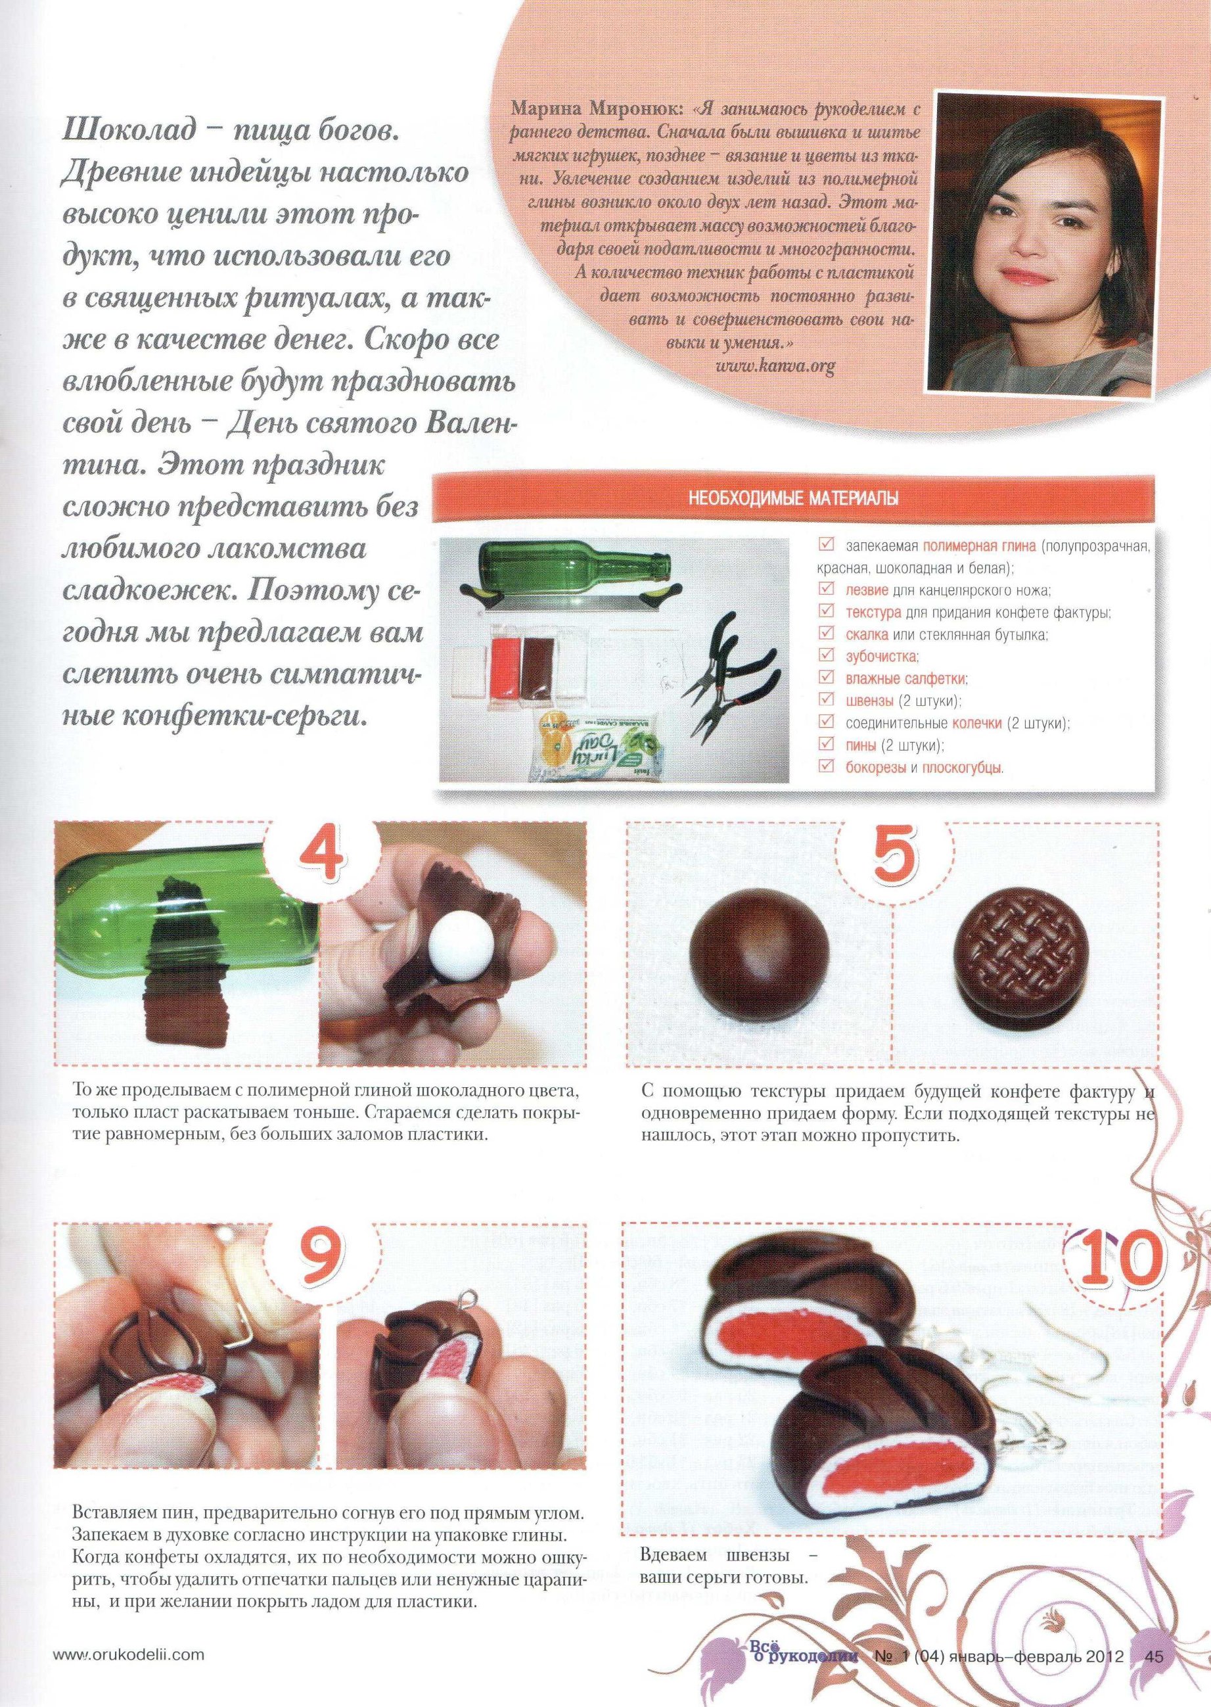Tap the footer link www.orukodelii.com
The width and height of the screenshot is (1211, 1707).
click(128, 1669)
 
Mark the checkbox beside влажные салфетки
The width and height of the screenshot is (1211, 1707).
click(825, 677)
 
